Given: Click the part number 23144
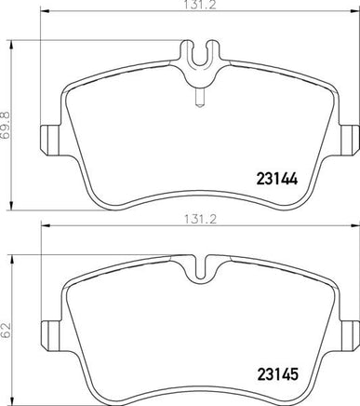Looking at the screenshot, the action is [x=277, y=179].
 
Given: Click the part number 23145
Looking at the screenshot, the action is [x=277, y=373].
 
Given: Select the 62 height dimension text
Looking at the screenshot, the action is [x=7, y=332].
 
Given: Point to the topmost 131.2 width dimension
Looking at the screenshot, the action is [x=199, y=6].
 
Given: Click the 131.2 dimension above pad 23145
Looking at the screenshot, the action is [x=200, y=220].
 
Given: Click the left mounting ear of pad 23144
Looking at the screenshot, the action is [x=51, y=140].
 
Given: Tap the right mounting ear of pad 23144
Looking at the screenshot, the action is [x=350, y=140].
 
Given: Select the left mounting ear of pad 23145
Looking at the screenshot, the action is [x=51, y=335].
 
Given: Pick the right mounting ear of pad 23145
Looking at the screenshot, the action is [x=350, y=335].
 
